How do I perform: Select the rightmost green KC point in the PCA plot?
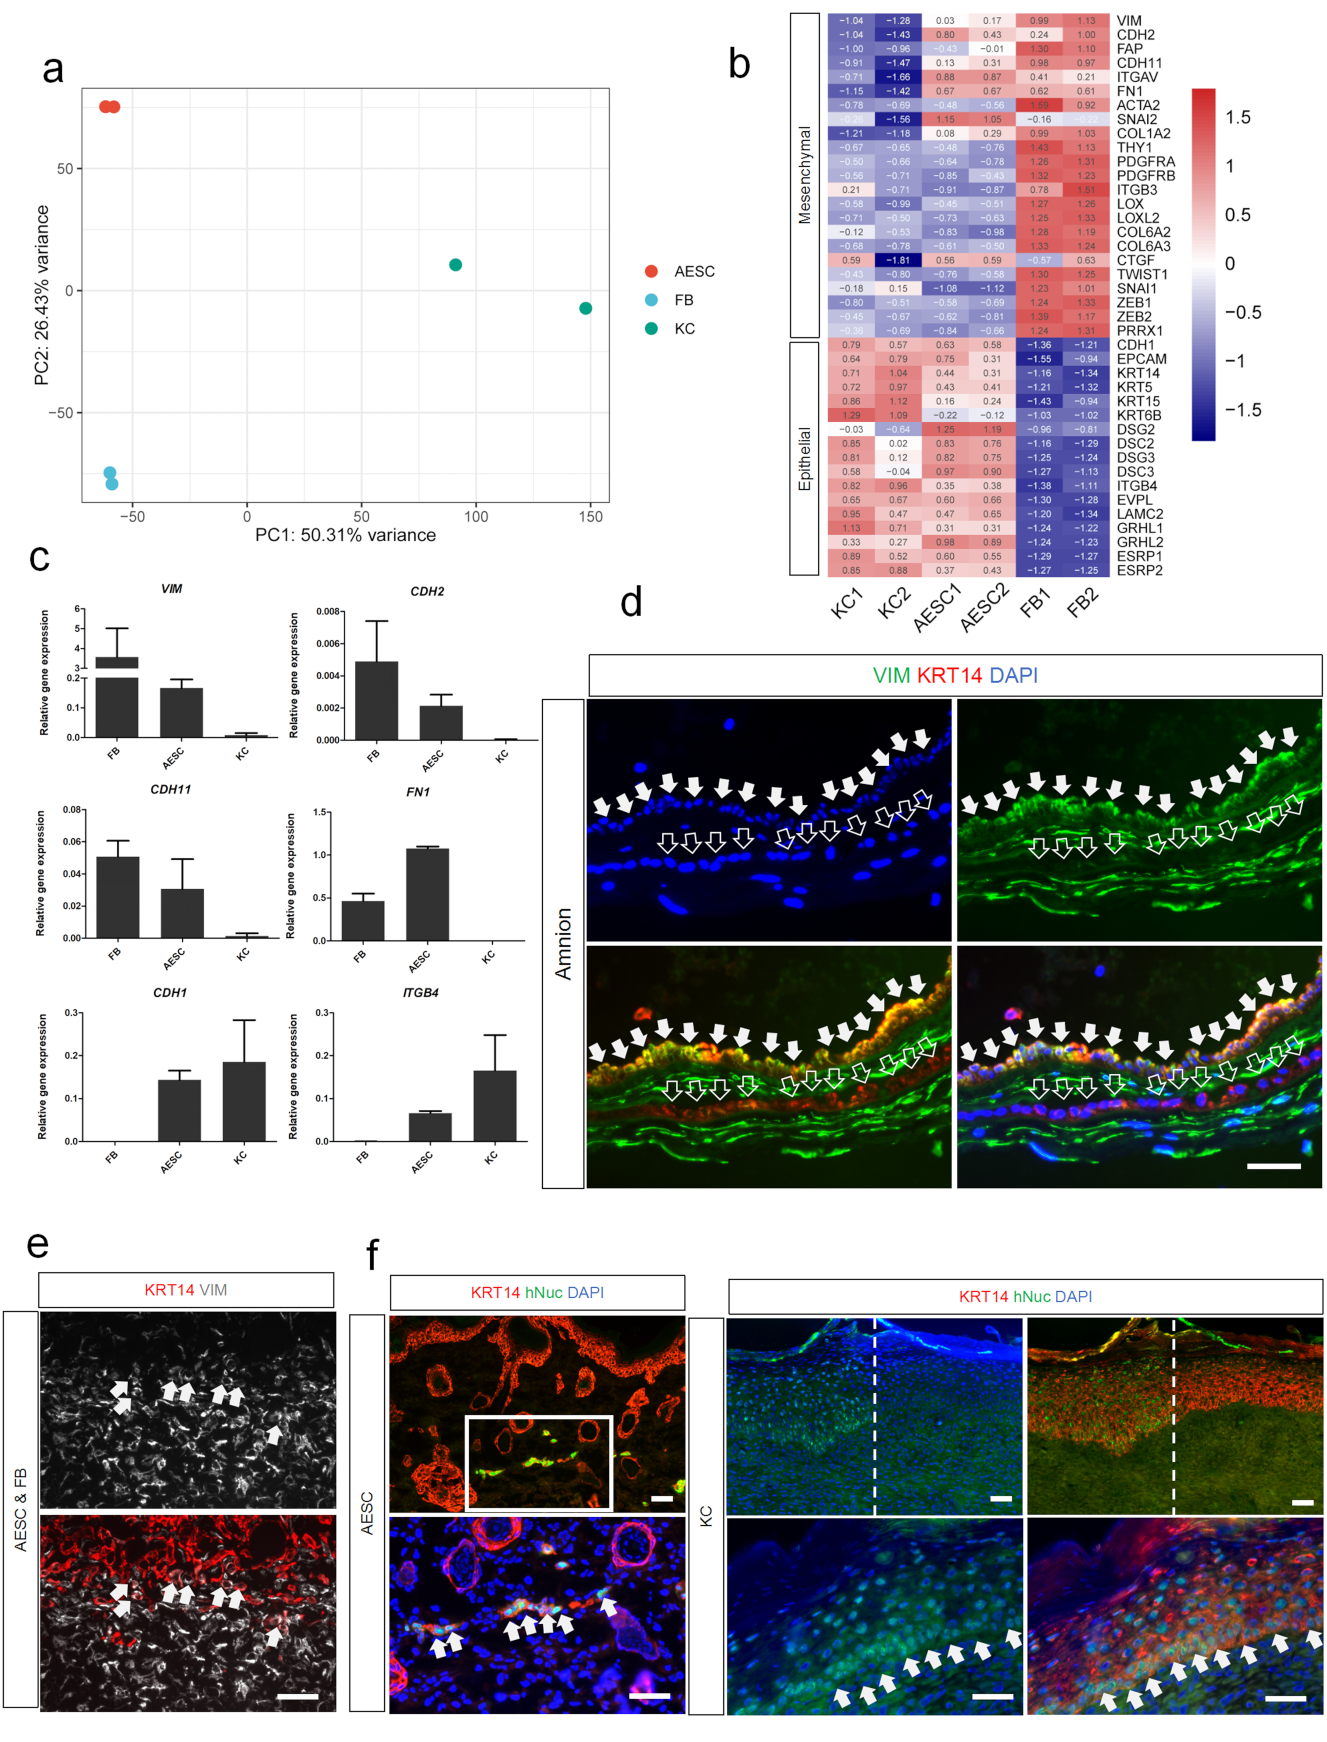(585, 308)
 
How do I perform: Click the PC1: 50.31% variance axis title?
(345, 535)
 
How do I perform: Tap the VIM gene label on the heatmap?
(1129, 20)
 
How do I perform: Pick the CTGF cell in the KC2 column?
(897, 260)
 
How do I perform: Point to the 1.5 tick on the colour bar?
(1238, 118)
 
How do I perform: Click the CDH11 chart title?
(171, 789)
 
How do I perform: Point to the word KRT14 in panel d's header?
(949, 675)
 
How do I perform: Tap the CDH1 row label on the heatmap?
(1135, 345)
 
